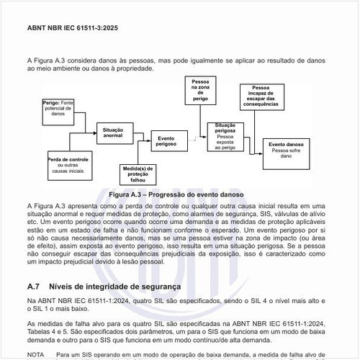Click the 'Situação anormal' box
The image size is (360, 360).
[x=113, y=132]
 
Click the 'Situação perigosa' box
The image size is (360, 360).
[x=225, y=137]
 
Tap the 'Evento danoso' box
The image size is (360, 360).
[x=285, y=150]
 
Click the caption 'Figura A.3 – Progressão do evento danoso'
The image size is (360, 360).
[x=176, y=195]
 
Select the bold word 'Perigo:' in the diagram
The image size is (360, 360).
[x=51, y=103]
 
